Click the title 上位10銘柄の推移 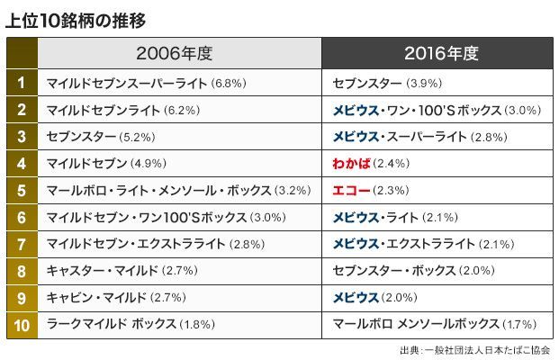(x=76, y=19)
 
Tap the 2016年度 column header (x=438, y=53)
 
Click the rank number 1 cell (x=21, y=84)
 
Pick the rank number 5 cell (x=21, y=191)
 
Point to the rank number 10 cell (x=21, y=325)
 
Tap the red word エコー (x=347, y=191)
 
